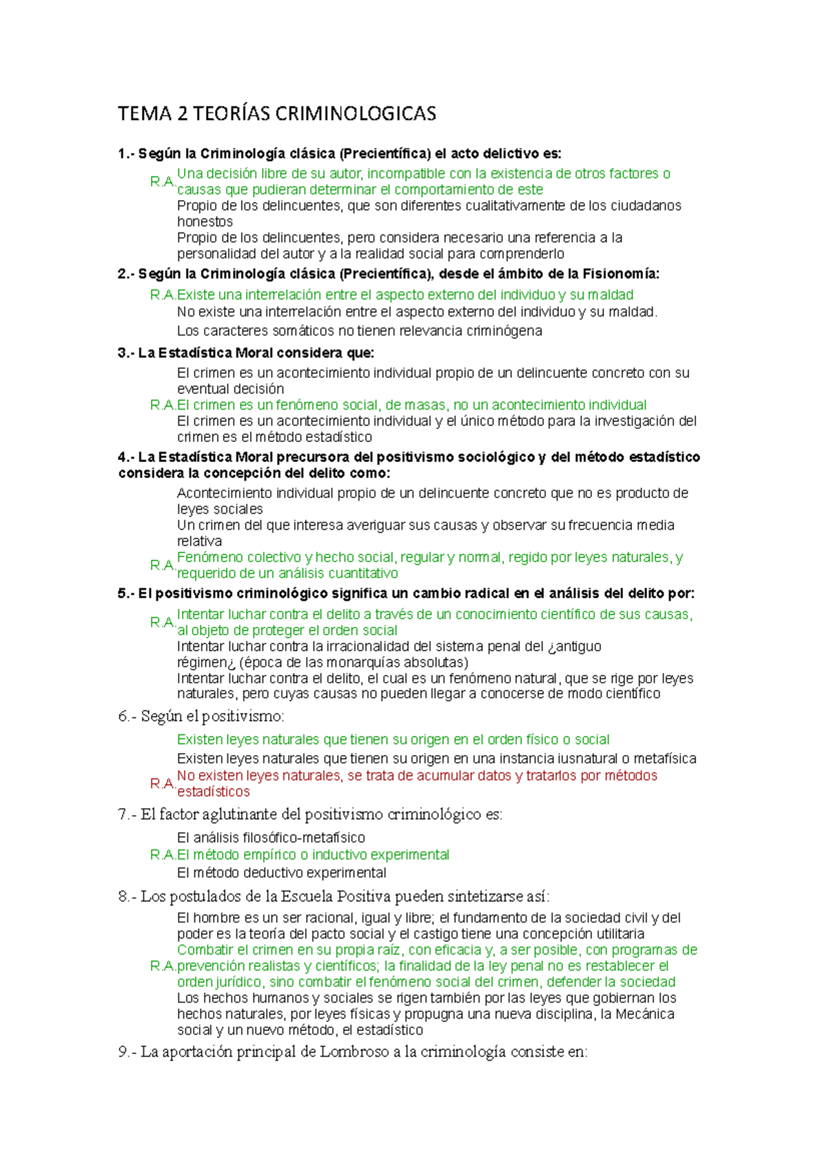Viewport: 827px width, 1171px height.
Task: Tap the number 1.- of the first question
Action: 126,154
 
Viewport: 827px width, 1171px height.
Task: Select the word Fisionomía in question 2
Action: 620,274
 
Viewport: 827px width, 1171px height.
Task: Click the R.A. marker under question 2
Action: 163,295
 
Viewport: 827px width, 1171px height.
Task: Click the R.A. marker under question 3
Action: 163,406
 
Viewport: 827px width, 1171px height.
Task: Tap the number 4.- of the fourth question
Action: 126,457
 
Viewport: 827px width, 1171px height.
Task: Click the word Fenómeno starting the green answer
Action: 210,557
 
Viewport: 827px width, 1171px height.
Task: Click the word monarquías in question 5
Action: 367,663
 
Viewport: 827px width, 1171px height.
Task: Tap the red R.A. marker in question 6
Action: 163,784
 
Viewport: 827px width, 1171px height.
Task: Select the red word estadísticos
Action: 213,792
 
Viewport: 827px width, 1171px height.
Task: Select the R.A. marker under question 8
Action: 163,966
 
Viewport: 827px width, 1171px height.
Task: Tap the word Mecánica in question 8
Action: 645,1014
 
